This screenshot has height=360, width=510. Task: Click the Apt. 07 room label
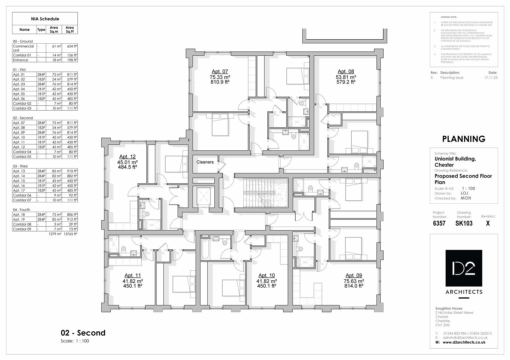click(x=220, y=71)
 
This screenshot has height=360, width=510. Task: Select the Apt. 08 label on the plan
click(x=346, y=71)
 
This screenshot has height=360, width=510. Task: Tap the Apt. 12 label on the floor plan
click(x=127, y=157)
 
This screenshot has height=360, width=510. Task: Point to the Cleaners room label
click(x=205, y=162)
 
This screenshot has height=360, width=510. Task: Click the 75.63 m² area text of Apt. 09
click(x=354, y=281)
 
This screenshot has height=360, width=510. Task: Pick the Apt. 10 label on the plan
click(x=267, y=275)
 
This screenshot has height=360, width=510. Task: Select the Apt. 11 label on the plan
click(x=133, y=275)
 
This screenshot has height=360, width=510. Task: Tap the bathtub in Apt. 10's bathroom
click(x=204, y=248)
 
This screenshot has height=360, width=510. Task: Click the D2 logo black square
click(x=464, y=268)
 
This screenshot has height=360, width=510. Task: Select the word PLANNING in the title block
click(x=463, y=139)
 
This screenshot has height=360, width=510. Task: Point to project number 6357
click(x=439, y=223)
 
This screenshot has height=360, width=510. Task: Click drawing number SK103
click(x=464, y=223)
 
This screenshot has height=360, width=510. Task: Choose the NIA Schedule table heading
click(x=45, y=19)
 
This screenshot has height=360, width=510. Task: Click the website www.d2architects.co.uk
click(x=464, y=342)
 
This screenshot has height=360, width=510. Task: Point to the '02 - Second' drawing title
click(x=83, y=333)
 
